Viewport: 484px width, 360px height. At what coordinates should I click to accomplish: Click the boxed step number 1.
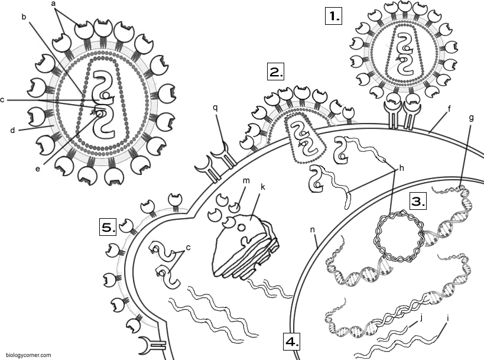334,16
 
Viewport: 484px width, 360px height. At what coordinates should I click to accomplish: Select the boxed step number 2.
275,72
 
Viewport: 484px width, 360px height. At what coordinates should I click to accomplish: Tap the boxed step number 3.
418,202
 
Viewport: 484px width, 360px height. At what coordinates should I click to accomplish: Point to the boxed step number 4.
292,342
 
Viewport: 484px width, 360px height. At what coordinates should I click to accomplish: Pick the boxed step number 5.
108,227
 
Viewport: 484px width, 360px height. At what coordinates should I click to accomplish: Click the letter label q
215,108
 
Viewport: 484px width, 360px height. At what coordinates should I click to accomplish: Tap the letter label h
402,168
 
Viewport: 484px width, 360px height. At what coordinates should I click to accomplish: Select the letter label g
471,118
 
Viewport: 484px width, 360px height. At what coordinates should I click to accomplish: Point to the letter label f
449,108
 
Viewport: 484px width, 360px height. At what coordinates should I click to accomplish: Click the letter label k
262,187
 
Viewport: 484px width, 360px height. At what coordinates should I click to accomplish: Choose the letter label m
246,181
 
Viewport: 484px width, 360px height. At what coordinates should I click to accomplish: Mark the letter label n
313,230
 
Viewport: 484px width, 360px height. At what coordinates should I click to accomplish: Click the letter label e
38,169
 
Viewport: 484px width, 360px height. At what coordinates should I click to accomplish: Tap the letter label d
12,130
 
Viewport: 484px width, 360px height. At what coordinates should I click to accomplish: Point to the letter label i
448,317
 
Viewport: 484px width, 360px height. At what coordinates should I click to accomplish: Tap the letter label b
24,17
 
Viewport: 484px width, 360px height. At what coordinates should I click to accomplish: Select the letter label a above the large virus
53,4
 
